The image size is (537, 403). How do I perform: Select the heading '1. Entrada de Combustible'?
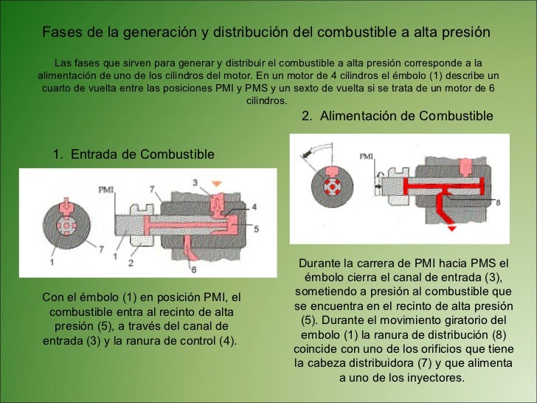[x=134, y=154]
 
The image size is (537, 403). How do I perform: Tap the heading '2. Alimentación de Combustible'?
[x=398, y=116]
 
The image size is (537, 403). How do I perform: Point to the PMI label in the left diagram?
[x=105, y=190]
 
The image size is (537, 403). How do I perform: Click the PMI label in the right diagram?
[x=366, y=156]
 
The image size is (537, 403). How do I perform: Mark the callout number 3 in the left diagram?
[x=195, y=182]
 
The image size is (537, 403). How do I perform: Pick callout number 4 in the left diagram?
[x=254, y=207]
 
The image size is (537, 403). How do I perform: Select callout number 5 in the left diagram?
[x=256, y=229]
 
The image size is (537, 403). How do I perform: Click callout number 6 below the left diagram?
[x=194, y=270]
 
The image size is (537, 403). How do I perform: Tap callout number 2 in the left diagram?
[x=131, y=263]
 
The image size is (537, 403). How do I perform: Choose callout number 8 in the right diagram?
[x=498, y=202]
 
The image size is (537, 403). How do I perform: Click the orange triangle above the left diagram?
[x=216, y=184]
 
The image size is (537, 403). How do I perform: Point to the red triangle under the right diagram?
[x=451, y=228]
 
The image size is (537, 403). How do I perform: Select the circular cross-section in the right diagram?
[x=332, y=187]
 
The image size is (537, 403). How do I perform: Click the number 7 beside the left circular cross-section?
[x=101, y=249]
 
